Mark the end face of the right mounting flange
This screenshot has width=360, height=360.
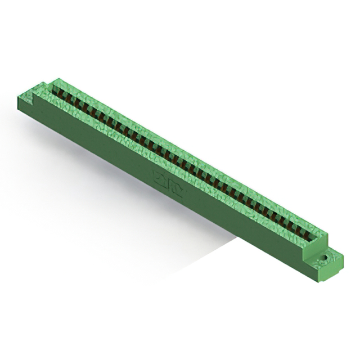336,269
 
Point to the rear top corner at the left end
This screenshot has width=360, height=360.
56,79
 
